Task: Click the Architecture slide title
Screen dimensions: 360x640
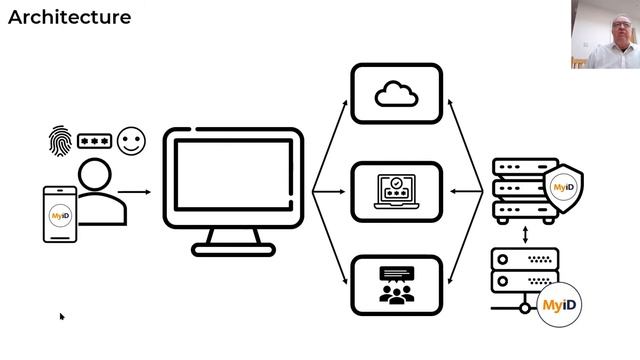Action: (x=69, y=18)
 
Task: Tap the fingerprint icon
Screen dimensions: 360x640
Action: (x=59, y=139)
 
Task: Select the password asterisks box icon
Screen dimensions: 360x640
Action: (x=94, y=140)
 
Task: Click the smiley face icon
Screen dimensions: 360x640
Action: (x=129, y=140)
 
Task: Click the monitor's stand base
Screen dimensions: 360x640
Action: (x=233, y=248)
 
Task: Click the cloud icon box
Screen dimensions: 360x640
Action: (x=396, y=94)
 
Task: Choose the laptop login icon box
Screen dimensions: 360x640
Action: (x=396, y=191)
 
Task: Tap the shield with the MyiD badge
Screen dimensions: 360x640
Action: (x=562, y=185)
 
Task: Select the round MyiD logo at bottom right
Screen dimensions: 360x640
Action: (x=560, y=303)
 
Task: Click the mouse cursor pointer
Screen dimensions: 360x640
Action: (x=61, y=317)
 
